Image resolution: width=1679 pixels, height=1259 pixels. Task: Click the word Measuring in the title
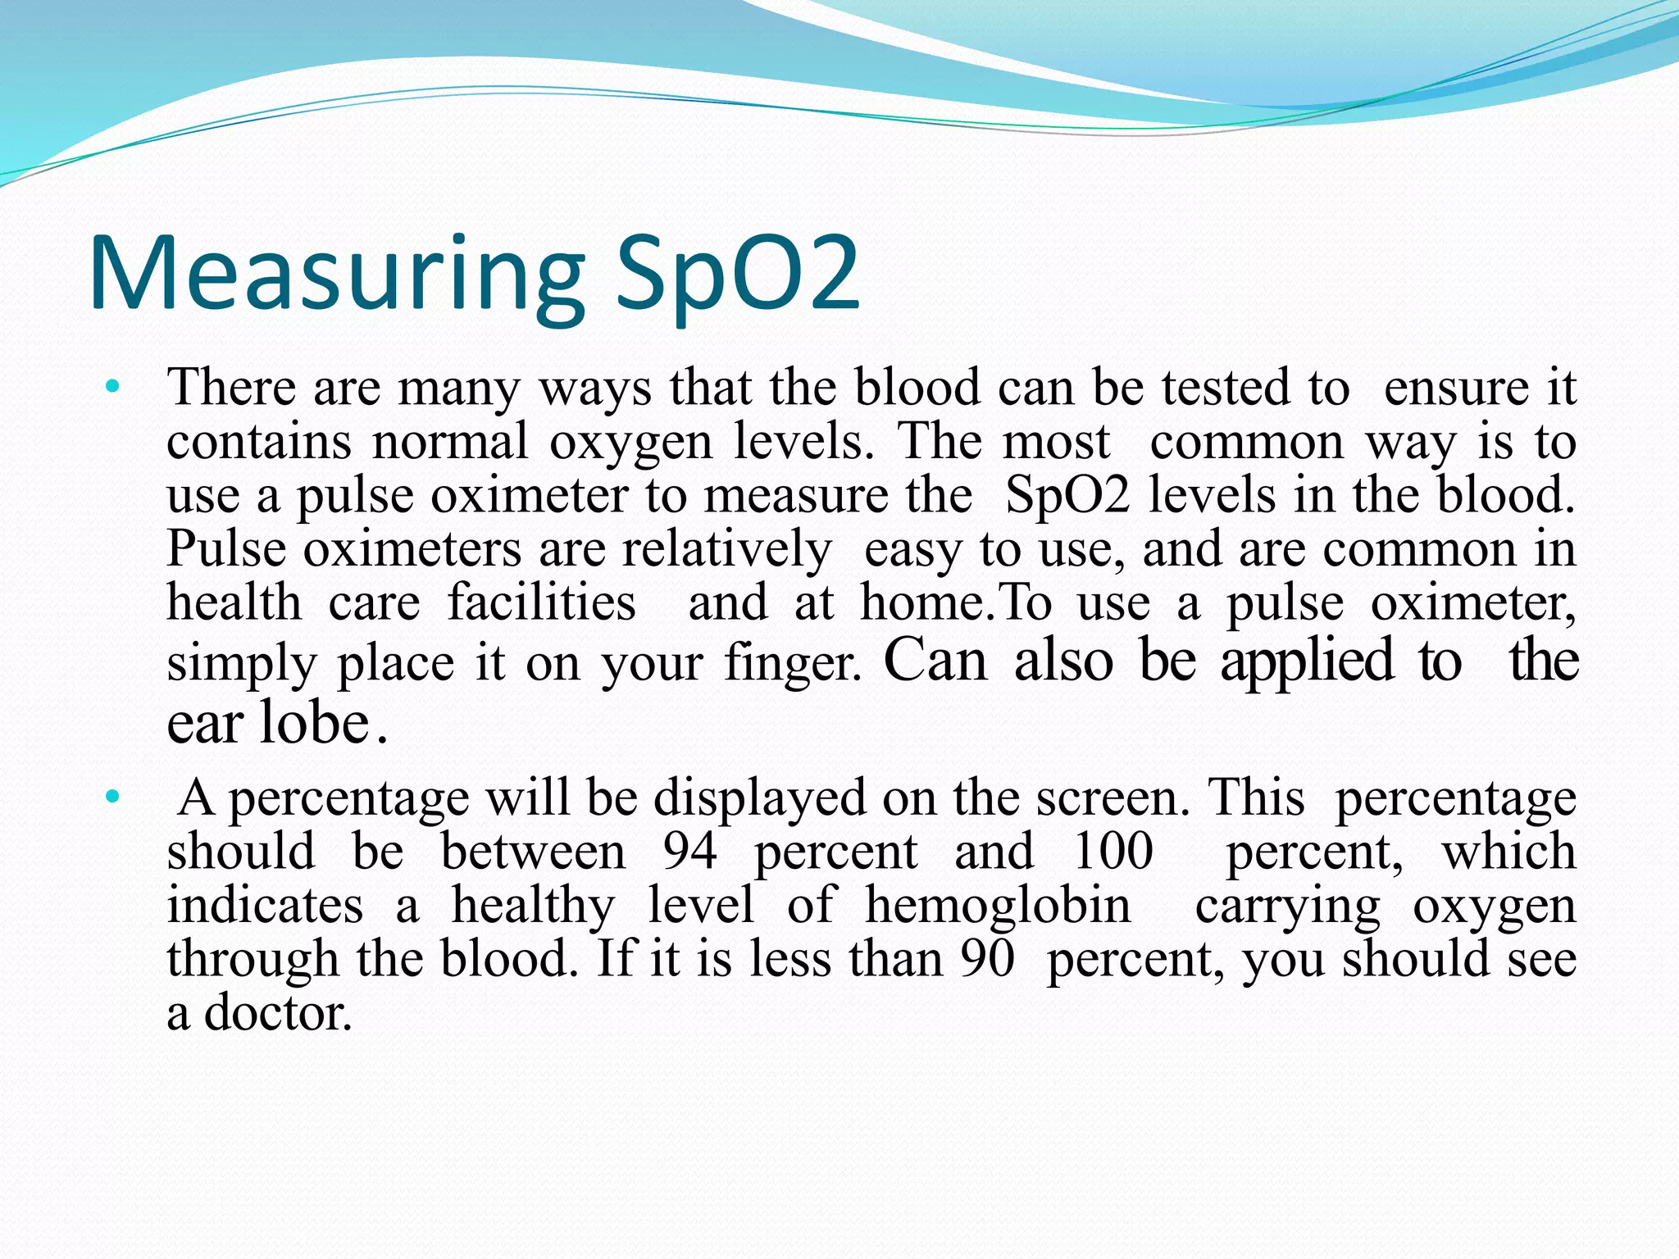coord(336,275)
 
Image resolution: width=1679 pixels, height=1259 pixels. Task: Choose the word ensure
coord(1456,389)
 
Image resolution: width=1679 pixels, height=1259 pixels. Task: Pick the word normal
coord(450,443)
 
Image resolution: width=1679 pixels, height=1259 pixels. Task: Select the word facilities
coord(542,603)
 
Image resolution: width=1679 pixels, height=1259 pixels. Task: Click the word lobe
coord(314,723)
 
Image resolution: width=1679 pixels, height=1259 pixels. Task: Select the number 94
coord(689,852)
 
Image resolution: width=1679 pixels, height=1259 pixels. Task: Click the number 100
coord(1113,852)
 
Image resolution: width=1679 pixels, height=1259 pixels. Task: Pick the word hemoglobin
coord(998,907)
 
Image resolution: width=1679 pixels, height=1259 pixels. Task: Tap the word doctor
coord(278,1013)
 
